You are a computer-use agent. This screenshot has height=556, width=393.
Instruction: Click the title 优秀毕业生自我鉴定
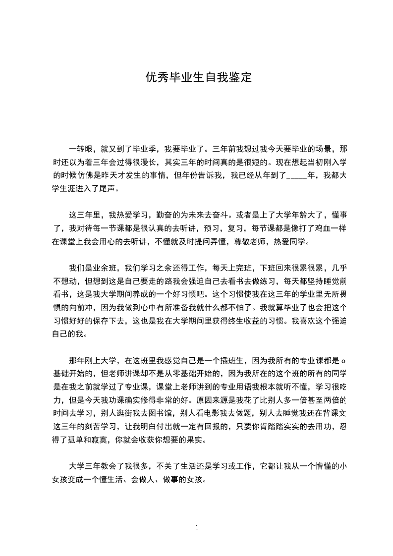[198, 78]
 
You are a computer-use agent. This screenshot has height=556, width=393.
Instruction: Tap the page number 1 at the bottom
[197, 527]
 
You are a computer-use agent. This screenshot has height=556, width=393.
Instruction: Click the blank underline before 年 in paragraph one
[297, 175]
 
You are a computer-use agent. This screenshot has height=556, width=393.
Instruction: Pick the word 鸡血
[306, 229]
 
